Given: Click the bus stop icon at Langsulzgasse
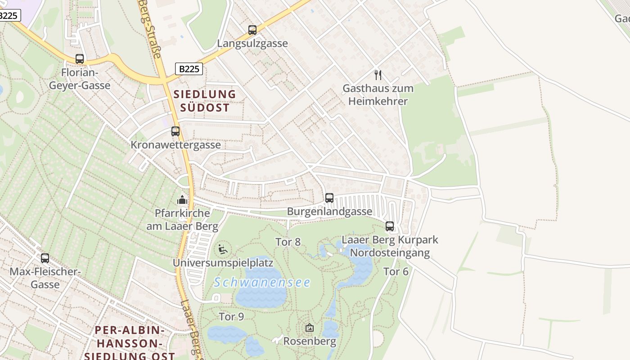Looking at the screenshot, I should point(252,30).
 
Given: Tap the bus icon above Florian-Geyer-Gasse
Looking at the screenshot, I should point(80,59).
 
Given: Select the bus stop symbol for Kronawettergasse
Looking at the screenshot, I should point(175,131).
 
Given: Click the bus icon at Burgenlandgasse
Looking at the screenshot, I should point(329,198).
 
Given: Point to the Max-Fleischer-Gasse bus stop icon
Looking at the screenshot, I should point(45,258).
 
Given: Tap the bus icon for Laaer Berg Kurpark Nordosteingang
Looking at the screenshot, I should point(390,226).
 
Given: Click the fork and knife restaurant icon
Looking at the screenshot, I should point(378,75).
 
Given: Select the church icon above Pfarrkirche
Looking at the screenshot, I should point(182,199).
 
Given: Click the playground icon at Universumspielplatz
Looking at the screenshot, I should point(222,249).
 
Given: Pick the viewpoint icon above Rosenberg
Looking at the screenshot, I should point(309,328).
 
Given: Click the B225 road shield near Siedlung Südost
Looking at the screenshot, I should point(189,69).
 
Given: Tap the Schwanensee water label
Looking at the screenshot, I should point(262,283).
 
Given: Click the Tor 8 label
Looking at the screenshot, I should point(288,242).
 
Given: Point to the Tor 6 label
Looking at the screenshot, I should point(396,271).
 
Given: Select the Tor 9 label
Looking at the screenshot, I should point(231,317).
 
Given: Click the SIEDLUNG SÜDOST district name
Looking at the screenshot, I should point(205,101).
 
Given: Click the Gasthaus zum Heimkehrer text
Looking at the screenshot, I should point(378,94).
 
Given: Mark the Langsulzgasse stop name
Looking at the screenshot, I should point(252,44).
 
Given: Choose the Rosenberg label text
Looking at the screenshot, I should point(310,342).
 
